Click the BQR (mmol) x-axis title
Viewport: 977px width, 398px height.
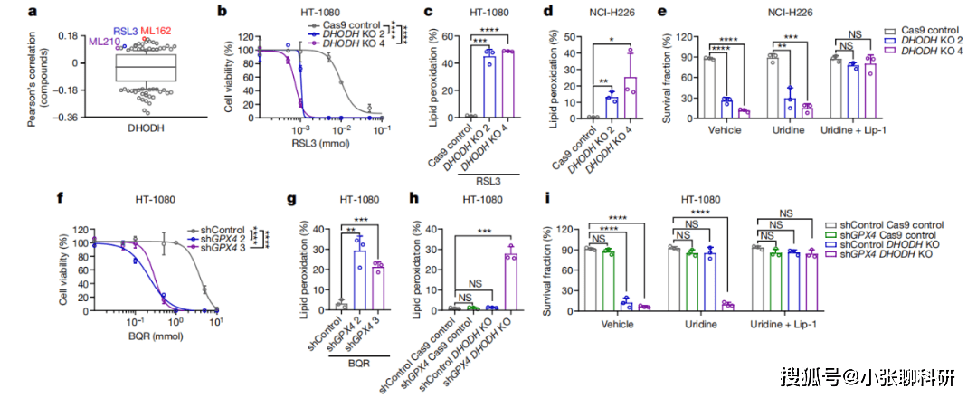click(157, 337)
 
